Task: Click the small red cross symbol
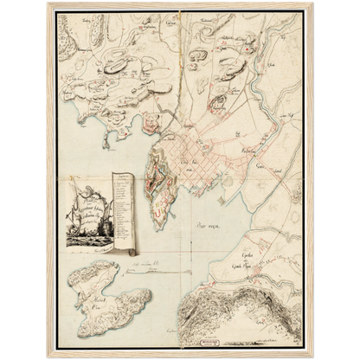click(x=247, y=52)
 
